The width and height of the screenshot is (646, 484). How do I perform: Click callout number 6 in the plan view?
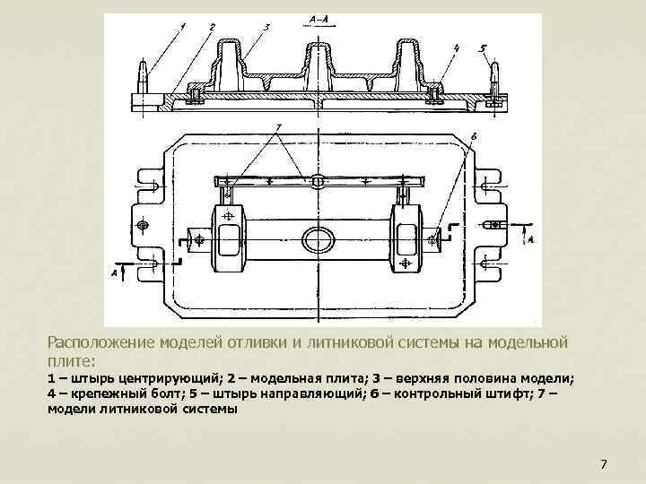coord(472,137)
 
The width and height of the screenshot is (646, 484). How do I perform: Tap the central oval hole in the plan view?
coord(318,238)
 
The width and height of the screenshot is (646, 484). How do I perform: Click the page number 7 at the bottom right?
coord(603,464)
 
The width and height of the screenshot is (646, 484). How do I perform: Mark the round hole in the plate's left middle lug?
coord(141,223)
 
